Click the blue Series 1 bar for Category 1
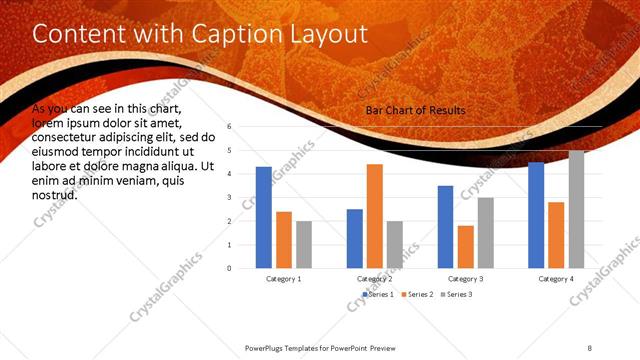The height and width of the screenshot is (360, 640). (x=264, y=217)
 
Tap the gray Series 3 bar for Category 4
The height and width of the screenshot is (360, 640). (x=577, y=209)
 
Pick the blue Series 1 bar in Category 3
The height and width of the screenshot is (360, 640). (x=445, y=227)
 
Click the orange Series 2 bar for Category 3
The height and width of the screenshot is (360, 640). (x=466, y=247)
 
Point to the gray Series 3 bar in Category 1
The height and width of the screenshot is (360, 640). (x=304, y=245)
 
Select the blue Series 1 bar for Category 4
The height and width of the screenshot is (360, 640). (x=536, y=215)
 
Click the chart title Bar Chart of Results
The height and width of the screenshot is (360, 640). (x=415, y=110)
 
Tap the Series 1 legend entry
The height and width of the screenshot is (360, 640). (x=376, y=295)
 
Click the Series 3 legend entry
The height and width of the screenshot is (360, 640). (x=457, y=295)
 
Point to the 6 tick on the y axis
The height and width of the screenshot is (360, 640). (x=230, y=127)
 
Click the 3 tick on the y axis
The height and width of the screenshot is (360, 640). (x=230, y=198)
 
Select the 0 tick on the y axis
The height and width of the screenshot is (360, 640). (x=230, y=268)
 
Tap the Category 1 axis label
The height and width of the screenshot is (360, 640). (x=284, y=279)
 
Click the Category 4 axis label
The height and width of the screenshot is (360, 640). (x=556, y=279)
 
